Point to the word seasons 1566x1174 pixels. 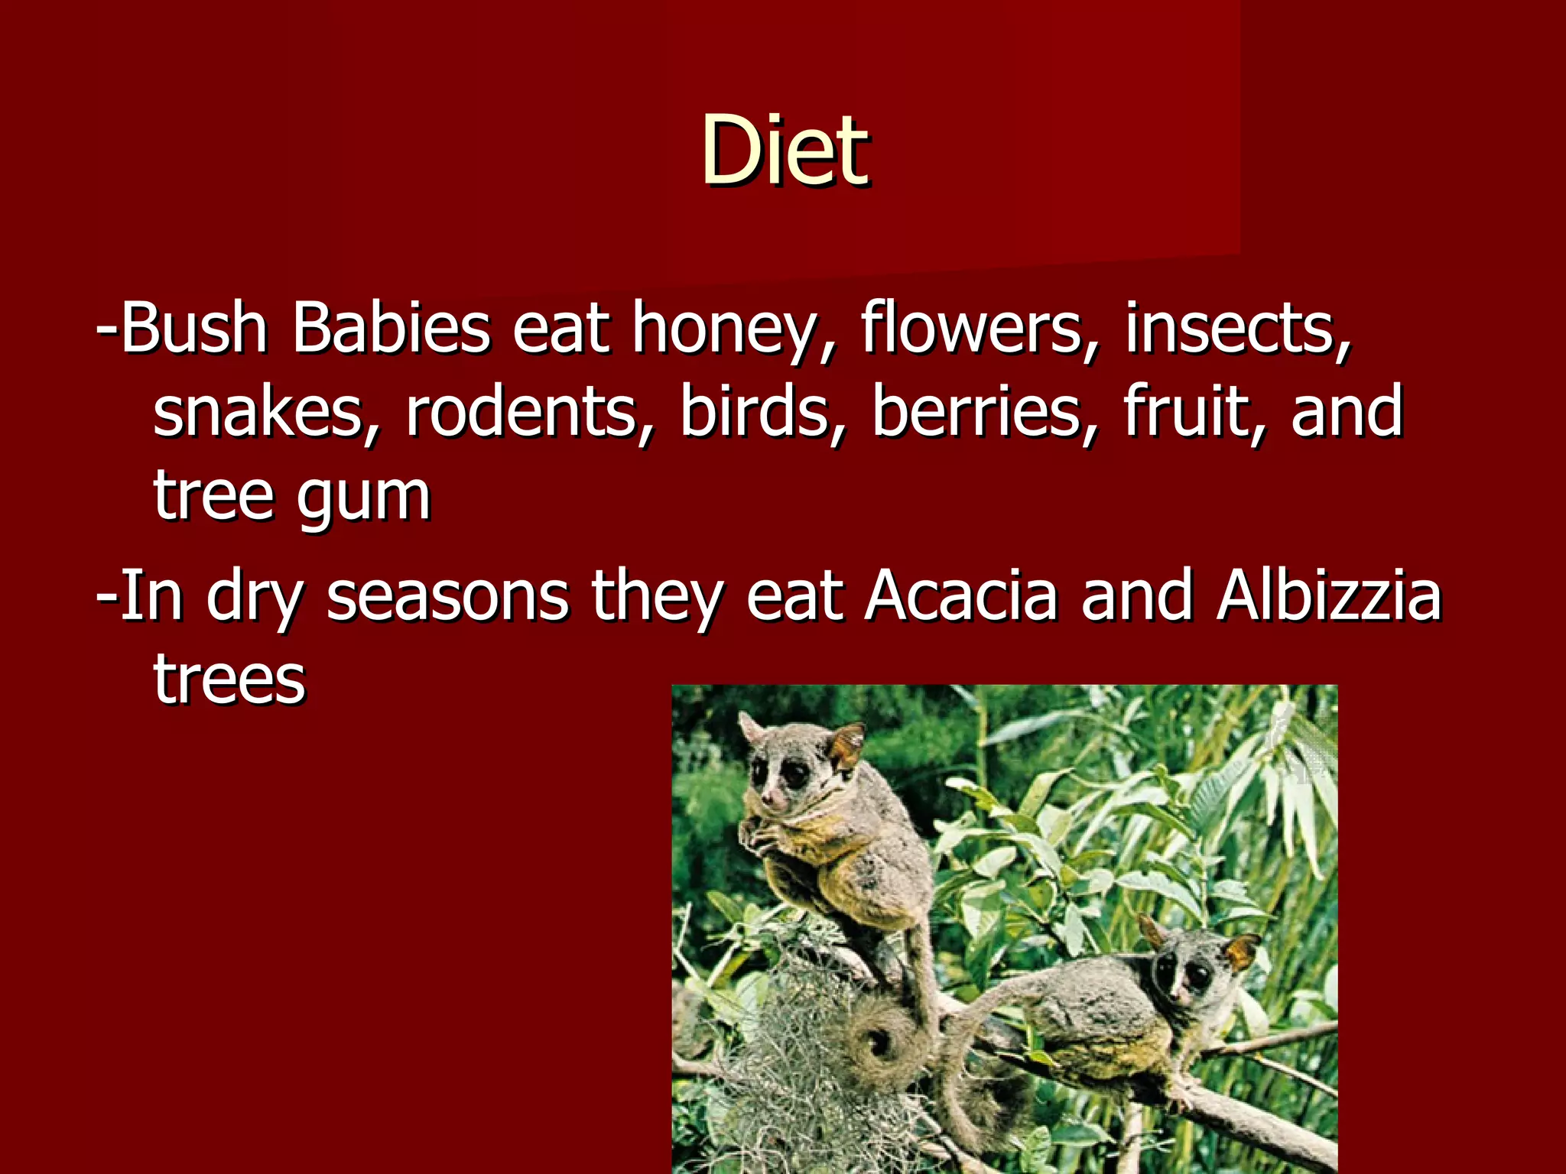[x=447, y=596]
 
